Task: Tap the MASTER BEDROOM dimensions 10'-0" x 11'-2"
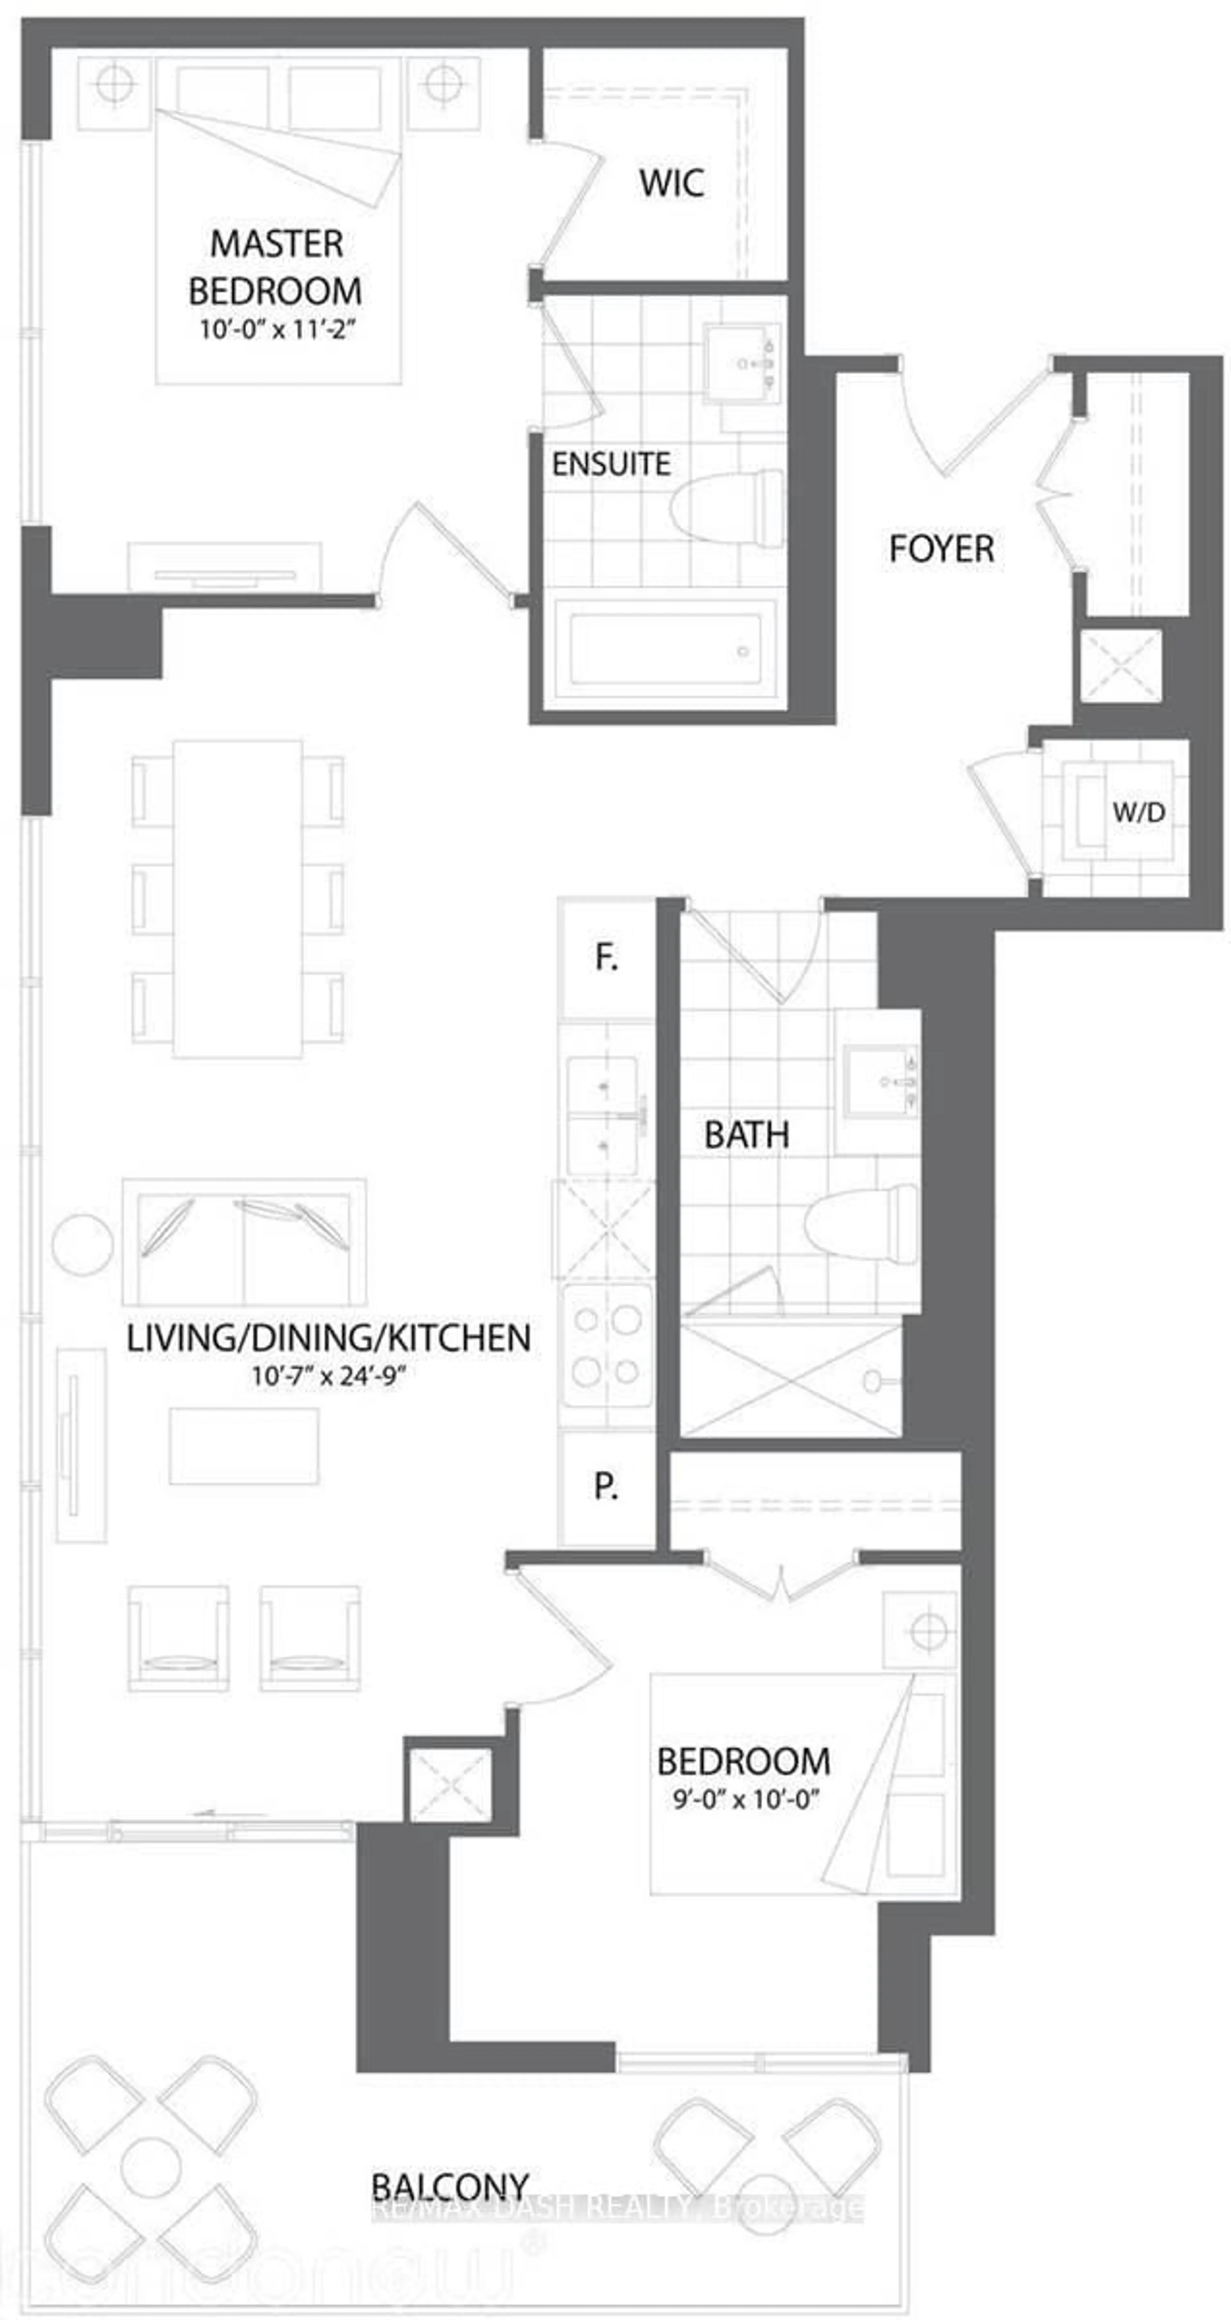click(277, 330)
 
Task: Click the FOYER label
click(941, 548)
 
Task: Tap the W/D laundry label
click(1138, 812)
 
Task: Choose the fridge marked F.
click(606, 957)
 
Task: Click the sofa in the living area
click(243, 1241)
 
